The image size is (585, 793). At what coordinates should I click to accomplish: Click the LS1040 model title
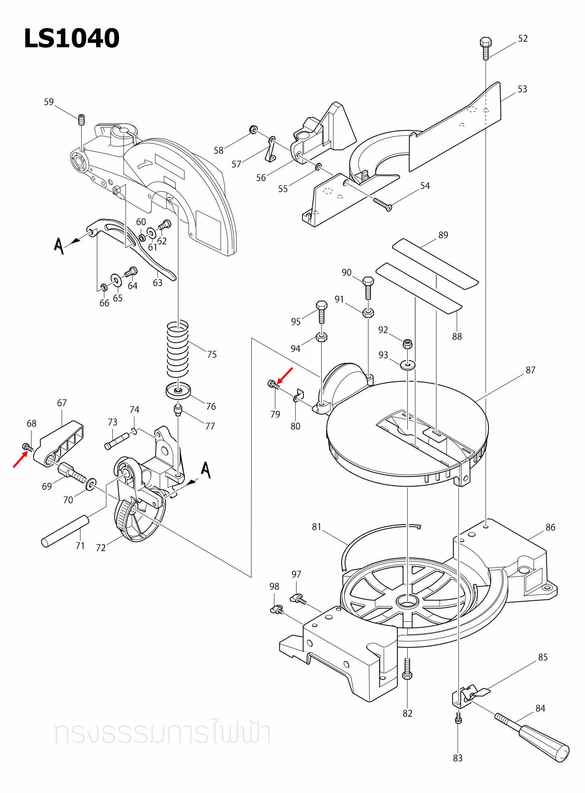(72, 38)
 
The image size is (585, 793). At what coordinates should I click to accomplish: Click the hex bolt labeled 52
(485, 48)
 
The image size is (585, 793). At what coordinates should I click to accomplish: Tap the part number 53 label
(522, 89)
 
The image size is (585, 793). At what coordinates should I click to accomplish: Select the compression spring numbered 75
(177, 348)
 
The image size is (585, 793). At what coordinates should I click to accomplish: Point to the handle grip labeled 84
(532, 737)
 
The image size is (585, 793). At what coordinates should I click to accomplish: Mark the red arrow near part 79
(285, 375)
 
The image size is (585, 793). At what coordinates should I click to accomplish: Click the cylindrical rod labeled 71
(65, 531)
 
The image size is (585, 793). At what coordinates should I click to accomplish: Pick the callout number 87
(530, 370)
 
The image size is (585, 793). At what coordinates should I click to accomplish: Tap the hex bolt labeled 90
(368, 288)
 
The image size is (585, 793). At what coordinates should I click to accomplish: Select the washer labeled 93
(408, 365)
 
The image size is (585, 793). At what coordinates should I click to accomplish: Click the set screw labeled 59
(81, 120)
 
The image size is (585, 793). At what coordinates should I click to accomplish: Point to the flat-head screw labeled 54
(383, 204)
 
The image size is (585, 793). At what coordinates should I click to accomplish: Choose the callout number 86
(550, 527)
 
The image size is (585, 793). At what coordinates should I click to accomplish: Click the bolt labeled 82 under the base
(407, 668)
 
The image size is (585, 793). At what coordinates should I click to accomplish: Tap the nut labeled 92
(407, 344)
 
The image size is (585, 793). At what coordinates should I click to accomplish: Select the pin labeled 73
(117, 441)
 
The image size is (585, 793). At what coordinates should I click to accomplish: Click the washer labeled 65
(116, 280)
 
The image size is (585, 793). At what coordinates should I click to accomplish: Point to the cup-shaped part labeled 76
(178, 391)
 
